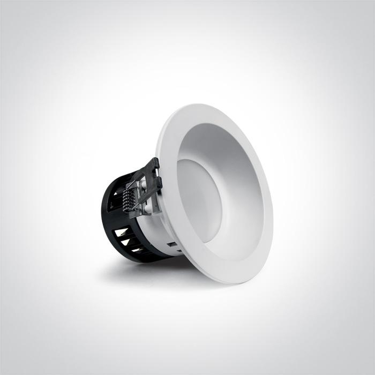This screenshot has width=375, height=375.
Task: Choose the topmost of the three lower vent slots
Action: point(122,232)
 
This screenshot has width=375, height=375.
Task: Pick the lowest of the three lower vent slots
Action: point(136,250)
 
